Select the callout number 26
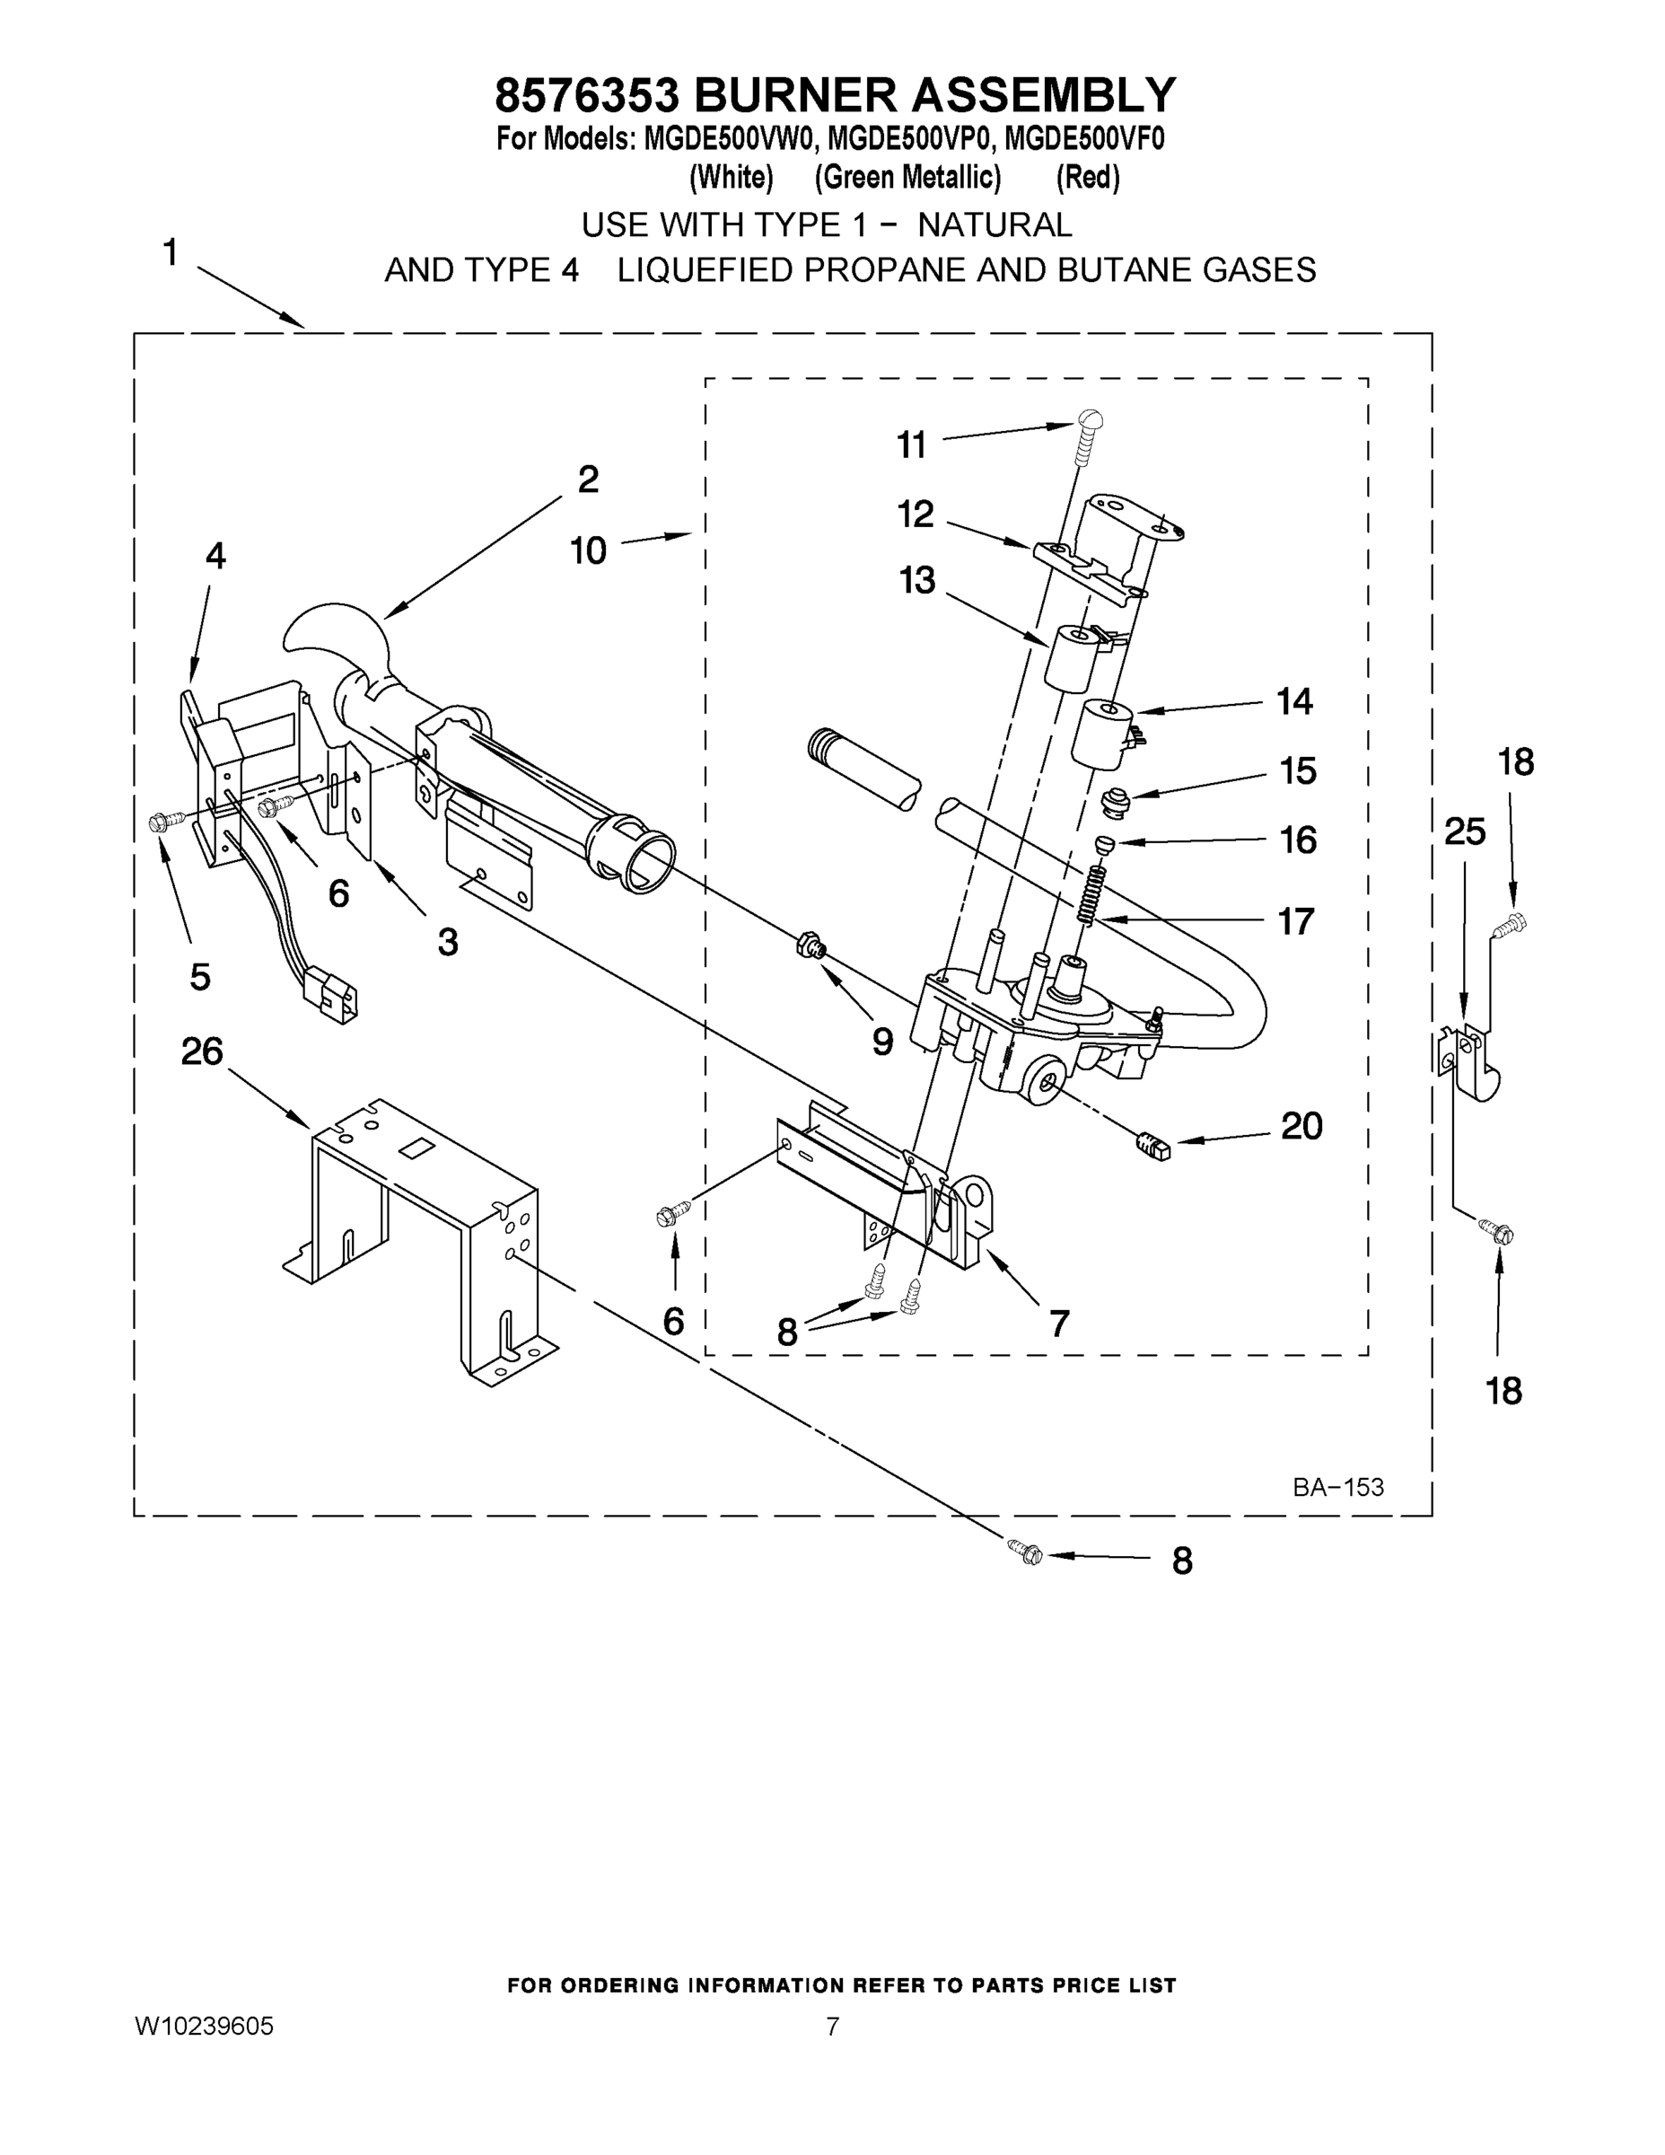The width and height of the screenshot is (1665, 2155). coord(202,1051)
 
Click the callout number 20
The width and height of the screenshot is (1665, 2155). coord(1301,1126)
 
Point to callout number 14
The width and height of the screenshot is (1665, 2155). coord(1295,701)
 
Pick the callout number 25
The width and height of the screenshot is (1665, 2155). coord(1464,831)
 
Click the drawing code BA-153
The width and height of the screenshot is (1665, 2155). coord(1337,1487)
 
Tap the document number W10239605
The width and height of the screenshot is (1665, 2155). coord(204,2027)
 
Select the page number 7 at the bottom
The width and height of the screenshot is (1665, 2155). coord(833,2027)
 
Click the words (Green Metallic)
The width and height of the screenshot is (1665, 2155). coord(907,178)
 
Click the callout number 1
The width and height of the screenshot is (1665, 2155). coord(171,252)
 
